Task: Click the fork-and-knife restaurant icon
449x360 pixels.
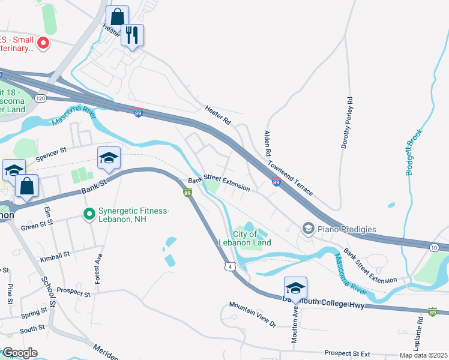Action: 132,35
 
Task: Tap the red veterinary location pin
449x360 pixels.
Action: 43,43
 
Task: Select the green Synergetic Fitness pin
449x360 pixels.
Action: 89,214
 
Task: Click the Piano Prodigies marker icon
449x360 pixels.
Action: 308,229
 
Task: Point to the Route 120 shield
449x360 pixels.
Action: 40,98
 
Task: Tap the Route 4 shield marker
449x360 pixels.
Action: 229,266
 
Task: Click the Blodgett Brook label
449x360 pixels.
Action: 414,152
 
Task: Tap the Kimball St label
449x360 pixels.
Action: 55,254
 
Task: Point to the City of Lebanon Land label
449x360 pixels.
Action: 252,238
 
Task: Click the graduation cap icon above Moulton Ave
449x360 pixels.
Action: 295,288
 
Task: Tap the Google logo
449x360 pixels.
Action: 19,353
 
